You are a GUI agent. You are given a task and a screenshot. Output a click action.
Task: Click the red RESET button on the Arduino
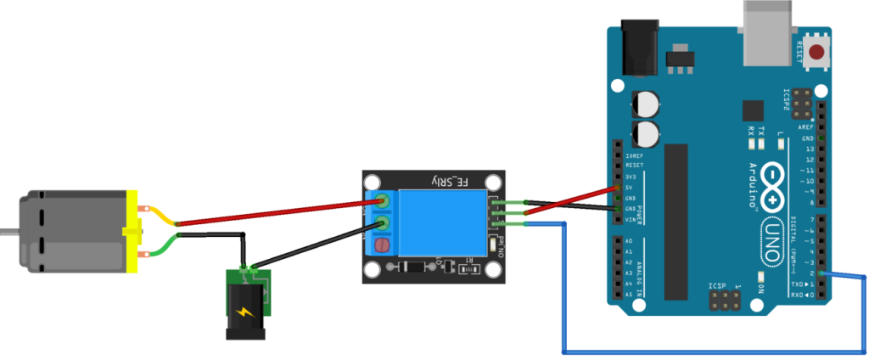pyautogui.click(x=818, y=53)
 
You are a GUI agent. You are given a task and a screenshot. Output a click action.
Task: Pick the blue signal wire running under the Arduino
pyautogui.click(x=713, y=350)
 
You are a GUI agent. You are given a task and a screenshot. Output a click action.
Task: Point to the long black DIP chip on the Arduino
pyautogui.click(x=676, y=221)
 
